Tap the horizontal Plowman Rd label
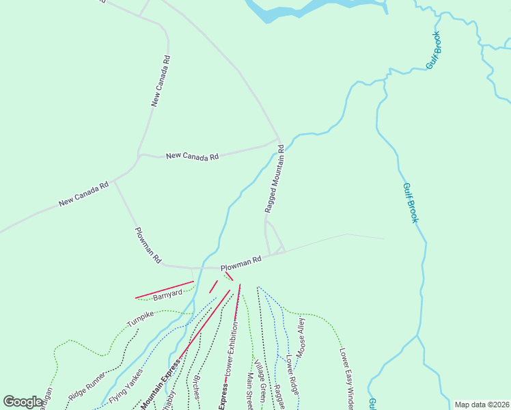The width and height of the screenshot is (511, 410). point(241,261)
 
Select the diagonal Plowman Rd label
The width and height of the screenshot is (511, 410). point(148,245)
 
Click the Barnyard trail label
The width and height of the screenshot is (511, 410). point(167,295)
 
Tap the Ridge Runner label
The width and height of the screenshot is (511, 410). point(87,386)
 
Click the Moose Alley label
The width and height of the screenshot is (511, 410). point(301,333)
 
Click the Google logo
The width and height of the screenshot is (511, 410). point(23,402)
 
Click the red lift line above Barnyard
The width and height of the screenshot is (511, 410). point(165,289)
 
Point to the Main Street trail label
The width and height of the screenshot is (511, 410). point(250,391)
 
